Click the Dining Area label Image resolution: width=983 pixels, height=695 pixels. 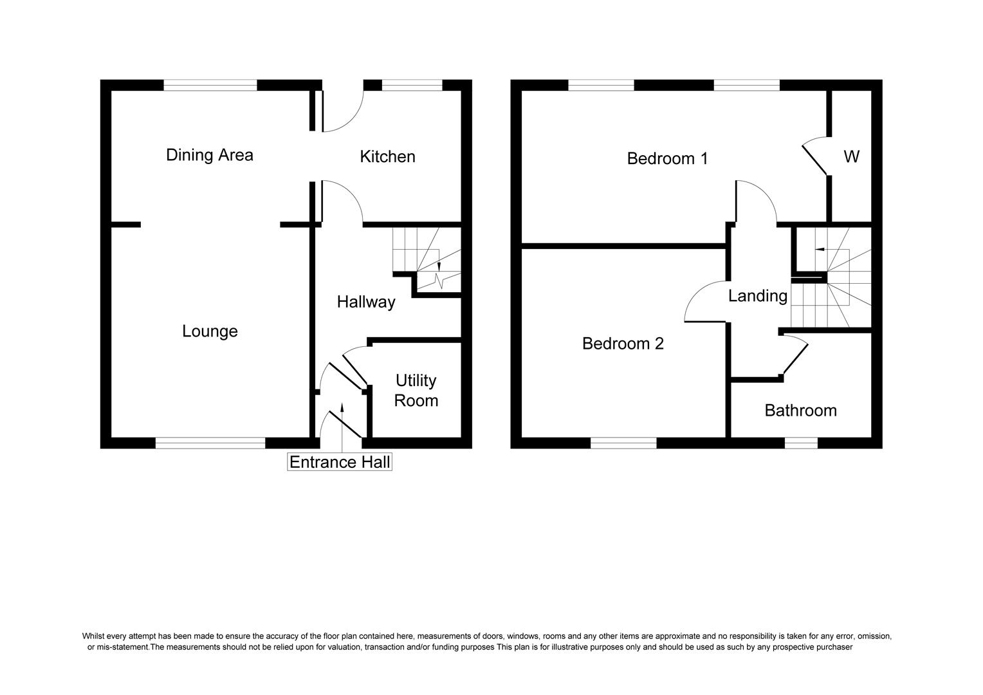coord(209,155)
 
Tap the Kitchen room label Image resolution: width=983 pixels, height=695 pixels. coord(387,156)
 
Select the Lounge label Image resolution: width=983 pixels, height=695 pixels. coord(210,331)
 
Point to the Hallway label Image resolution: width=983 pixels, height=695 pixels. coord(366,302)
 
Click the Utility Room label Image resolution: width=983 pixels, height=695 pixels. coord(416,391)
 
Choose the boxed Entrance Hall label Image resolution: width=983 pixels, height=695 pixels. coord(340,462)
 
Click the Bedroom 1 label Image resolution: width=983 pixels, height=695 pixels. coord(667,158)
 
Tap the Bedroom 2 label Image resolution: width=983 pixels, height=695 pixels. coord(623,344)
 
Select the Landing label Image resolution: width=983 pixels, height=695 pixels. coord(757,296)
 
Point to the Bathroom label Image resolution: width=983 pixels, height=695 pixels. coord(800,411)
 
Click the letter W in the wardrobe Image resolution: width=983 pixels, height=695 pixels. coord(851,156)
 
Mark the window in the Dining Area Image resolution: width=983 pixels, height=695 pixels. coord(210,85)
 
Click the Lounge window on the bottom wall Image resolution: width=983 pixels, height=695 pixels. coord(210,443)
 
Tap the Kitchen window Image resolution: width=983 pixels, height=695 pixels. coord(412,85)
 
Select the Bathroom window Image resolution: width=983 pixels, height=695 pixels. coord(801,443)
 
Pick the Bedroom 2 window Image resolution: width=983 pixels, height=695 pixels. coord(623,443)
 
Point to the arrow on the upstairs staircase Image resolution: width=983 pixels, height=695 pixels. coord(819,248)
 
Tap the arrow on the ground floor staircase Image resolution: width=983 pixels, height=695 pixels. coord(439,266)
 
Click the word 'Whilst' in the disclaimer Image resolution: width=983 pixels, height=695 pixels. coord(94,636)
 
